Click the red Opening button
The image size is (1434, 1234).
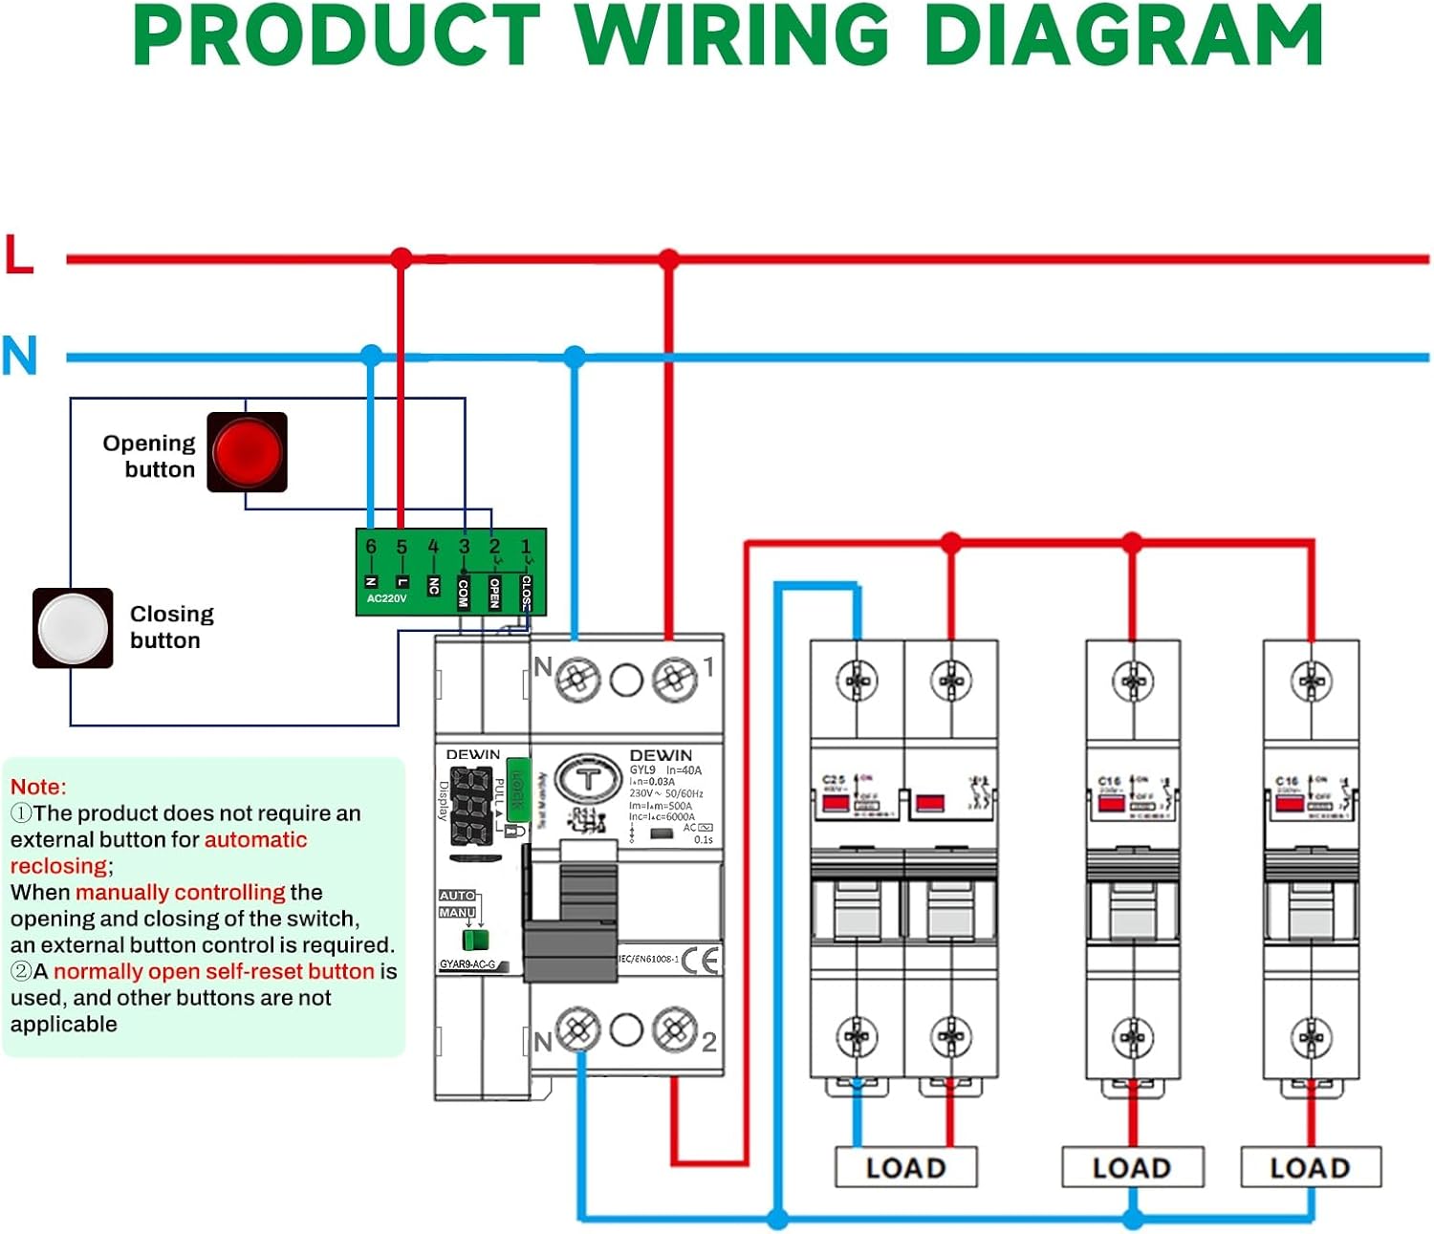247,452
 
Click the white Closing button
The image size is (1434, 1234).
73,628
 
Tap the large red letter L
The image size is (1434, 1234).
19,255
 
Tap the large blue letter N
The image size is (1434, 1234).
19,356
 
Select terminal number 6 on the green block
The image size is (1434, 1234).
371,547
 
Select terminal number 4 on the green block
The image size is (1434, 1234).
433,547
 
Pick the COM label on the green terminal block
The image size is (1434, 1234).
464,592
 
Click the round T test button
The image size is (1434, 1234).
588,780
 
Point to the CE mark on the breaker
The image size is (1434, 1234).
701,960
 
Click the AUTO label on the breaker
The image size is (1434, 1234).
457,896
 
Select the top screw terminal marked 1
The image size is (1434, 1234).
674,680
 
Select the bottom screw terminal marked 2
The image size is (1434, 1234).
674,1029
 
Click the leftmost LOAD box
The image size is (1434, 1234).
905,1167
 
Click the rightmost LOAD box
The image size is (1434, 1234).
1310,1167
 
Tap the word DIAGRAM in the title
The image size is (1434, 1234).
1123,36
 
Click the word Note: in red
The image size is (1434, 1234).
38,787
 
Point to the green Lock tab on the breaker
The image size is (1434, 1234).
517,790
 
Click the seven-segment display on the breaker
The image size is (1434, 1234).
471,805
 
